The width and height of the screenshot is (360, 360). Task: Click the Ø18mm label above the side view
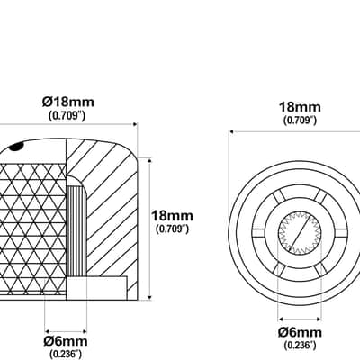click(x=68, y=102)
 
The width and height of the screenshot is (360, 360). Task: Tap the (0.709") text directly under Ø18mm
click(x=67, y=115)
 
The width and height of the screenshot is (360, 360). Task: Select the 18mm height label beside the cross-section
click(x=172, y=216)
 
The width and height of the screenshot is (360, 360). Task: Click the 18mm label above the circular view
click(x=300, y=107)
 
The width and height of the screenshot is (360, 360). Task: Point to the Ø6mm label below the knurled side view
click(x=66, y=341)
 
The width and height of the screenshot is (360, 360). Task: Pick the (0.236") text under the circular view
click(x=300, y=346)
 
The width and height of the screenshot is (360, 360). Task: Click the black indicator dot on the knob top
click(x=16, y=147)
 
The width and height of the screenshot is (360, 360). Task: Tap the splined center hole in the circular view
click(x=300, y=233)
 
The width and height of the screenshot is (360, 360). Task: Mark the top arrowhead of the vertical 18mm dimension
click(x=150, y=161)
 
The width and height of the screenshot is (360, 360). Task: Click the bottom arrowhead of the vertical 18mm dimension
click(x=150, y=297)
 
